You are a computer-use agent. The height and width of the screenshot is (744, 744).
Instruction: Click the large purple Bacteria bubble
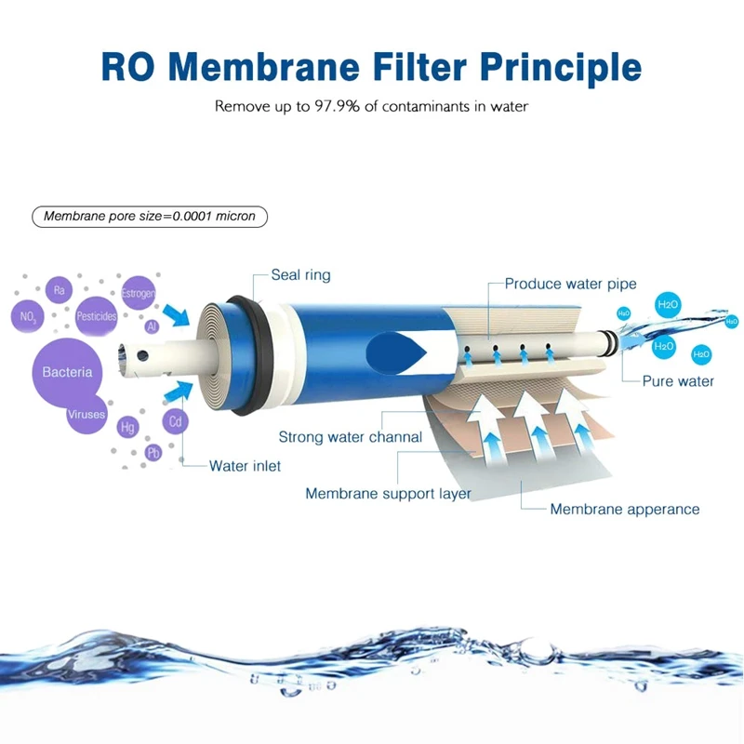pyautogui.click(x=67, y=372)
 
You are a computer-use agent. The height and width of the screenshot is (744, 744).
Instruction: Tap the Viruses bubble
pyautogui.click(x=86, y=415)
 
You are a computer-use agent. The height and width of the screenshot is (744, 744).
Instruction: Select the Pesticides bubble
pyautogui.click(x=96, y=316)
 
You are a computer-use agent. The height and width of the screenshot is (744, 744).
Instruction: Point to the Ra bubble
pyautogui.click(x=59, y=291)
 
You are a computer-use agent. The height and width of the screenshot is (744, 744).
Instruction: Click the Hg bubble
pyautogui.click(x=127, y=428)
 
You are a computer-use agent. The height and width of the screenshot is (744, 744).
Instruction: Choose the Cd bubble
pyautogui.click(x=175, y=421)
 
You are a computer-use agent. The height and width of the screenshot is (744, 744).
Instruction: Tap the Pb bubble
pyautogui.click(x=153, y=453)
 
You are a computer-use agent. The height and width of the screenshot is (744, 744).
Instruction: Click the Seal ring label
pyautogui.click(x=300, y=275)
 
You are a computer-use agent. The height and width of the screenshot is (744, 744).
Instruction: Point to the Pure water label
pyautogui.click(x=678, y=381)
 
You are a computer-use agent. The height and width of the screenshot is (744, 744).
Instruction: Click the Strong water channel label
pyautogui.click(x=350, y=437)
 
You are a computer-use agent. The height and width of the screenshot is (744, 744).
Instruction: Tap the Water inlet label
pyautogui.click(x=245, y=466)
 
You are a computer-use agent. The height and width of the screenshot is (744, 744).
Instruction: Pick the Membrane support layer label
pyautogui.click(x=388, y=494)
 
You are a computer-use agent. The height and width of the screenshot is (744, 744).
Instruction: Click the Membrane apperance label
pyautogui.click(x=624, y=509)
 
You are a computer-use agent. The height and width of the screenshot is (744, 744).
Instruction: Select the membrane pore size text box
pyautogui.click(x=149, y=217)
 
